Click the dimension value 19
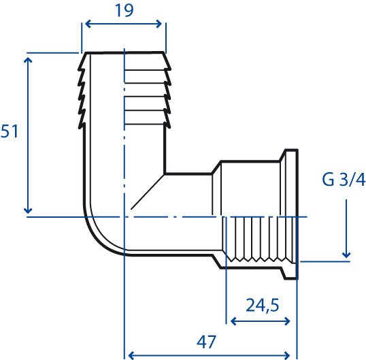(124, 10)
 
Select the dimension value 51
(10, 131)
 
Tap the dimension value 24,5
(263, 306)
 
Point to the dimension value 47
(206, 342)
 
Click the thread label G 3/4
(344, 180)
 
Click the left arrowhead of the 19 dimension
(88, 24)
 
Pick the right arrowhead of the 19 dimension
(159, 24)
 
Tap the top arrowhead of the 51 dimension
(28, 61)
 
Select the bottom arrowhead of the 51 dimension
(28, 210)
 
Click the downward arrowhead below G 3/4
(346, 255)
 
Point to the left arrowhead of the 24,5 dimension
(233, 321)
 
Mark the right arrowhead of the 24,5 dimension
(287, 321)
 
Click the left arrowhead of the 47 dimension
(131, 355)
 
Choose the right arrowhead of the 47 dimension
(287, 355)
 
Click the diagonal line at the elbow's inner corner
(148, 192)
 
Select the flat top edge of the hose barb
(124, 53)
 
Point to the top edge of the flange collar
(291, 150)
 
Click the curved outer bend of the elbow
(98, 240)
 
